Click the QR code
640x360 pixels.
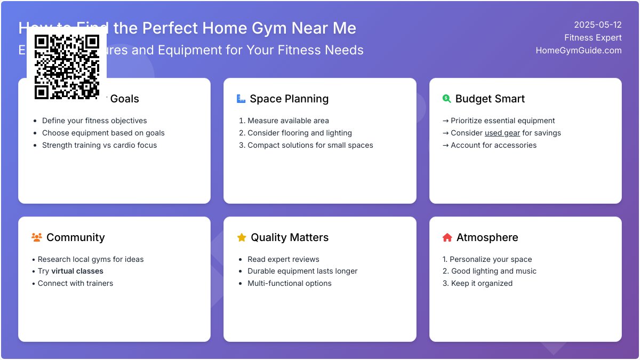click(67, 67)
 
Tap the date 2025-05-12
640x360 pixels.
click(597, 25)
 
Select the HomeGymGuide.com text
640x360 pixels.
click(579, 50)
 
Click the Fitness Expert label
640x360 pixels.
click(593, 37)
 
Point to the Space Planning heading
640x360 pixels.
click(289, 99)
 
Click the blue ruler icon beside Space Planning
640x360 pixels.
click(241, 99)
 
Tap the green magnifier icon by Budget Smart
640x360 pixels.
click(447, 99)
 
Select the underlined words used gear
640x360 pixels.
click(502, 133)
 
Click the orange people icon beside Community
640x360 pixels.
click(37, 237)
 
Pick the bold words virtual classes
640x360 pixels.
click(77, 271)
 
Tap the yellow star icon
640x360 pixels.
click(242, 237)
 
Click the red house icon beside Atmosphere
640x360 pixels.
click(447, 237)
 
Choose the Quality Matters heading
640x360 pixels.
click(290, 237)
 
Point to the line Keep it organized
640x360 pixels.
click(482, 283)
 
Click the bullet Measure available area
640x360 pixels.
click(288, 121)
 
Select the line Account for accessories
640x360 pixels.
click(493, 145)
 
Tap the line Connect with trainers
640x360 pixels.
click(75, 283)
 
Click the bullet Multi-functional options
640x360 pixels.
click(289, 283)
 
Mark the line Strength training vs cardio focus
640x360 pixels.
click(99, 145)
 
